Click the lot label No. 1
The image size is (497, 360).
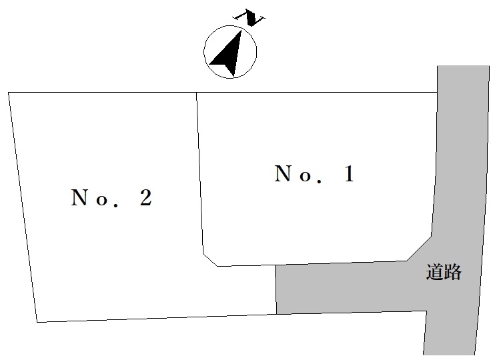pos(314,173)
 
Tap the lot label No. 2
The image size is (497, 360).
pos(111,197)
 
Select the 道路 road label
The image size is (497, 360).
pos(444,271)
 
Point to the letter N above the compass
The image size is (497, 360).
pos(249,18)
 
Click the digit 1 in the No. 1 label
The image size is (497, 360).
pos(349,173)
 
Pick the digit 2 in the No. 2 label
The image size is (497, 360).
pos(146,197)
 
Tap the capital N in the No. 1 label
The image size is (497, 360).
pos(282,173)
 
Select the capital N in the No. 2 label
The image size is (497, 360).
pos(79,197)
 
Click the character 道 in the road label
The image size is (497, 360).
pos(434,271)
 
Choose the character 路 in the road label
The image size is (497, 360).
pos(452,271)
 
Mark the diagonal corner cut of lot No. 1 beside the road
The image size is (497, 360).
pos(419,249)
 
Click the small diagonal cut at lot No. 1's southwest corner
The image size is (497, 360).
pos(210,260)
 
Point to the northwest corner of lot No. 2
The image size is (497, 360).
pos(9,93)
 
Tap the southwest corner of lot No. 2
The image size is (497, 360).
pos(37,322)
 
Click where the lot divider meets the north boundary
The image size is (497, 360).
pos(197,93)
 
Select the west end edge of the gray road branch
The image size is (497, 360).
pos(276,290)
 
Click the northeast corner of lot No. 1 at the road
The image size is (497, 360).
pos(438,93)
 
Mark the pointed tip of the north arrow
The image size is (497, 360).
pos(241,30)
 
